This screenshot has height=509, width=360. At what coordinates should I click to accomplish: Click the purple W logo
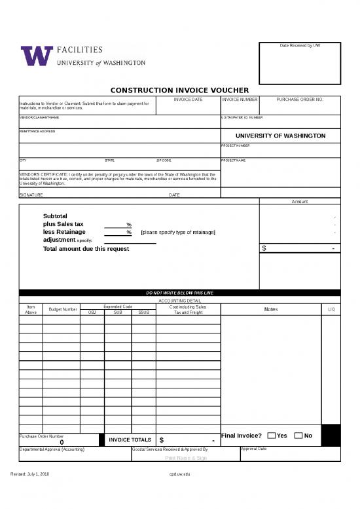click(37, 56)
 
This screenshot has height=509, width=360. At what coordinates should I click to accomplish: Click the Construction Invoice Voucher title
click(179, 90)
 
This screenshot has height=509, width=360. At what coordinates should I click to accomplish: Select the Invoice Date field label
click(188, 99)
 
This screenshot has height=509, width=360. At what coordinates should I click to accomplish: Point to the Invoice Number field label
click(240, 99)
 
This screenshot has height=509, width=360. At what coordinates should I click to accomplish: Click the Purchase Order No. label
click(300, 99)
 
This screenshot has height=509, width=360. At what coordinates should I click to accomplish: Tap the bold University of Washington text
click(280, 136)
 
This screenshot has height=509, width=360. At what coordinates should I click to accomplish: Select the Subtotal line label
click(55, 216)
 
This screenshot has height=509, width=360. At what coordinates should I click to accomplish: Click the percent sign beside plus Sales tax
click(129, 225)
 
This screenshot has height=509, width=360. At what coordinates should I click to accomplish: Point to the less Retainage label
click(63, 232)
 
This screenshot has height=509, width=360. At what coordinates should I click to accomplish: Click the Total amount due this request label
click(86, 249)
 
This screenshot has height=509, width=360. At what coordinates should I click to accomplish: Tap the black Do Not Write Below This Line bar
click(179, 293)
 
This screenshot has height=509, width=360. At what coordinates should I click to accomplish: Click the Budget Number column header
click(62, 309)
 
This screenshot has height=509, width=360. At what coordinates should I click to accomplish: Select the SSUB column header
click(143, 312)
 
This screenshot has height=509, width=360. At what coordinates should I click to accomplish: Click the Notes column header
click(271, 309)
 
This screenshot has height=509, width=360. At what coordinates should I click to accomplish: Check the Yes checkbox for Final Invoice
click(272, 436)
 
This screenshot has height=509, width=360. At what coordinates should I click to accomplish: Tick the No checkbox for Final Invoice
click(298, 436)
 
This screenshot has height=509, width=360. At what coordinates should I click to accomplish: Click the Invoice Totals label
click(130, 440)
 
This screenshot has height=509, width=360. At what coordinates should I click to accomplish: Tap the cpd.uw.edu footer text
click(179, 473)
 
